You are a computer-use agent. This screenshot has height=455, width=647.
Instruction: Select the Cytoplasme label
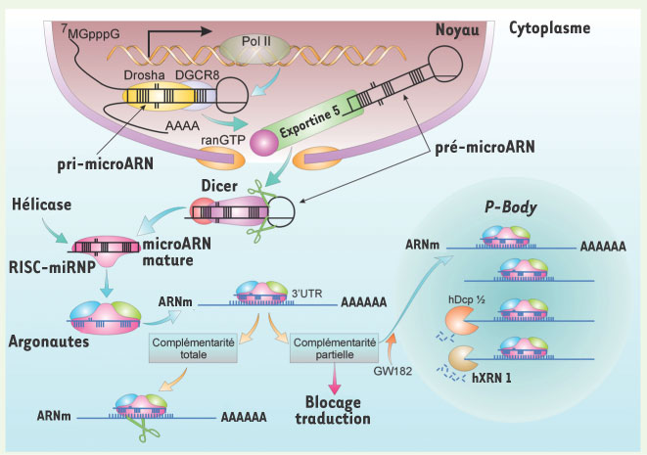point(549,27)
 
